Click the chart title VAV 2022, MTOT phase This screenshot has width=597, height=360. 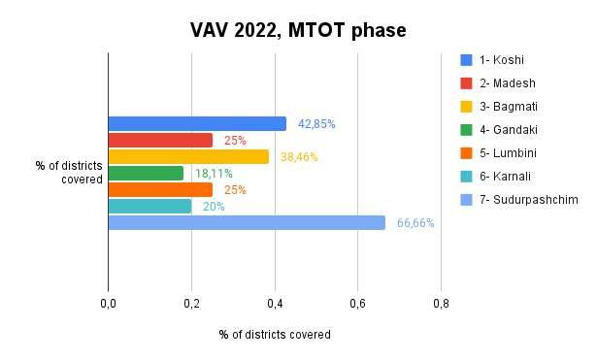pos(298,30)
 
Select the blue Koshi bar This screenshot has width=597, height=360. pos(197,123)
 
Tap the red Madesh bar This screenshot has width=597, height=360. pos(160,141)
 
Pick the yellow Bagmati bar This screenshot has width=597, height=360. pos(188,157)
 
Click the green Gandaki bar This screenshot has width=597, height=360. pos(146,173)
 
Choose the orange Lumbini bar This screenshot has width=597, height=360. pos(160,189)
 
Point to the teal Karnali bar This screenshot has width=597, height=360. pos(149,207)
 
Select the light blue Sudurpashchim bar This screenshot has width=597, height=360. pos(247,222)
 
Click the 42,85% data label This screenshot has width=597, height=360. pos(316,124)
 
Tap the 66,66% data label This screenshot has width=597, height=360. pos(415,223)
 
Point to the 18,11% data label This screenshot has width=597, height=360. pos(214,174)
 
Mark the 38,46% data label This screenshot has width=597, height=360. pos(299,157)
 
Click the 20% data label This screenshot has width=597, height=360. pos(214,207)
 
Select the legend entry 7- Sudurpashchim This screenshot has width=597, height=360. pos(528,200)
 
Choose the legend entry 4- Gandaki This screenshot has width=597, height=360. pos(509,130)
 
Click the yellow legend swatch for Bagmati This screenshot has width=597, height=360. pos(466,107)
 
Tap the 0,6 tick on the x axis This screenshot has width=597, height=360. pos(357,304)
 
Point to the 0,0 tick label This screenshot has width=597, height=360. pos(108,304)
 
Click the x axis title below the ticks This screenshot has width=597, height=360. pos(275,335)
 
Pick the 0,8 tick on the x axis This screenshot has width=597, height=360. pos(441,304)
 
